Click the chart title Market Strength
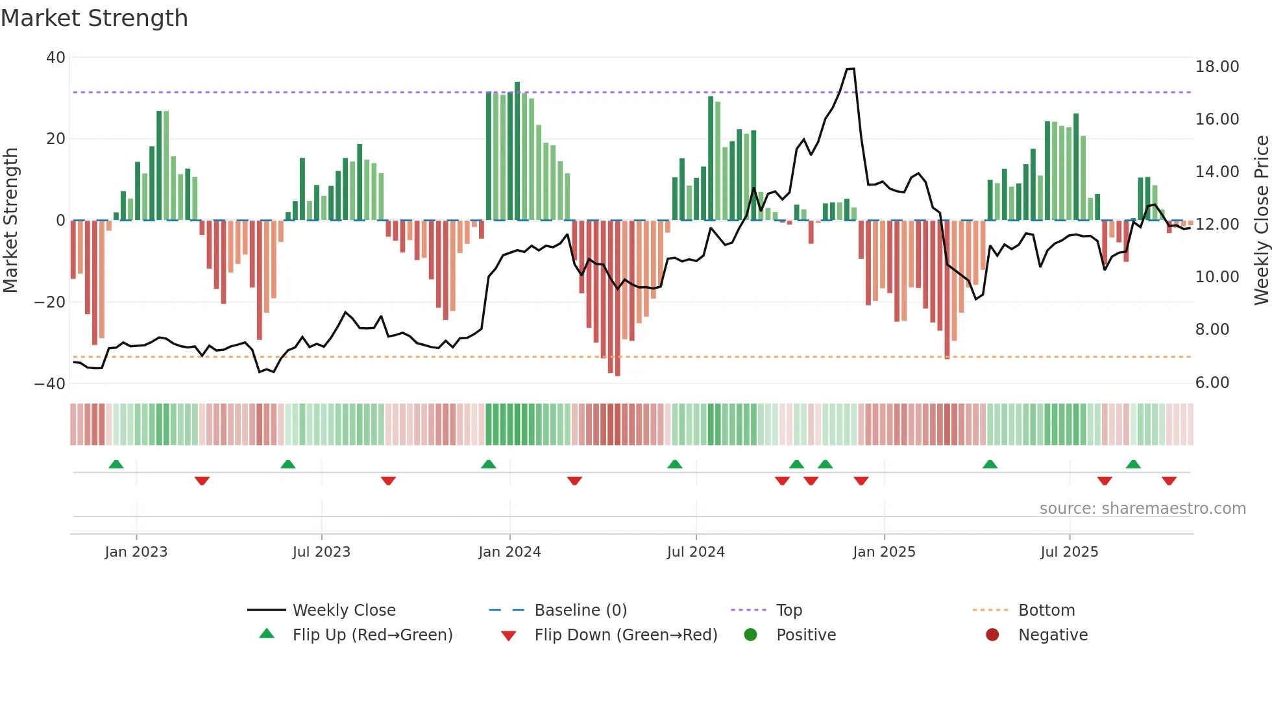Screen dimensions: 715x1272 [95, 18]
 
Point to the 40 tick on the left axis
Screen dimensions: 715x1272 [56, 58]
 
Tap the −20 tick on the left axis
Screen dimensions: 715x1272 [50, 302]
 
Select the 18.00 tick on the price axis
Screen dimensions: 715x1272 [1217, 67]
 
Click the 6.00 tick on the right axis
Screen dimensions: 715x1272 [1212, 383]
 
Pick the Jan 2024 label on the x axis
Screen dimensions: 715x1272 [509, 552]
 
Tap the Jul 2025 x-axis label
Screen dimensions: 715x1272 [1069, 552]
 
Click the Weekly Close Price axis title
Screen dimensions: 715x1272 [1261, 221]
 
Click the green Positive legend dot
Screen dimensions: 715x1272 [750, 635]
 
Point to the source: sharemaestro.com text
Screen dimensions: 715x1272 [1142, 509]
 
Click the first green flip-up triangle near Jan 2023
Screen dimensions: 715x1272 [116, 465]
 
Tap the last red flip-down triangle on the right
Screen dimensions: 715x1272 [1169, 481]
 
